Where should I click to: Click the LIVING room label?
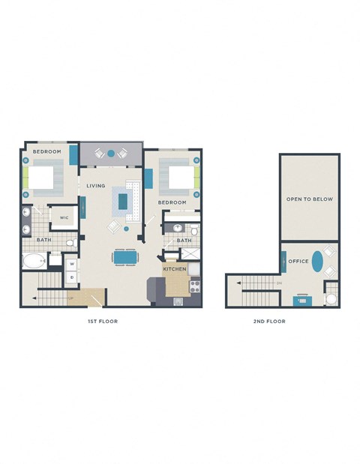[95, 186]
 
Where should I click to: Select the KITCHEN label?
[174, 268]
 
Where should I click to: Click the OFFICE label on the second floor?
[298, 261]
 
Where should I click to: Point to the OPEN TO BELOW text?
[309, 199]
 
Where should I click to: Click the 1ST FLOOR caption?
[103, 321]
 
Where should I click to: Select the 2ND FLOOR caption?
[270, 321]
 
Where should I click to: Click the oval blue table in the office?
[319, 263]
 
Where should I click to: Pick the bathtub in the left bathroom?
[34, 262]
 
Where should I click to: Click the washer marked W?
[72, 264]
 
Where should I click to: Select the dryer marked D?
[72, 277]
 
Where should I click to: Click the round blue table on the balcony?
[111, 153]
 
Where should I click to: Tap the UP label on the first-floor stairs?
[70, 298]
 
